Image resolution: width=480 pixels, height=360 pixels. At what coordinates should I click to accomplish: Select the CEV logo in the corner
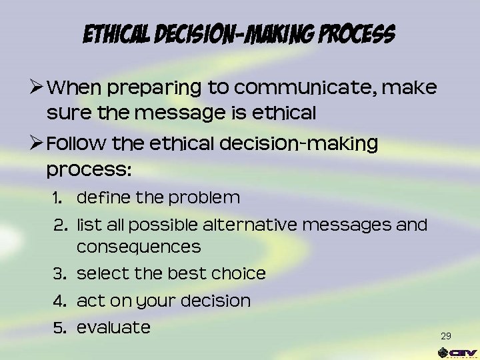point(457,353)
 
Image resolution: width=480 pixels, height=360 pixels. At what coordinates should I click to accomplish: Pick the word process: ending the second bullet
point(89,170)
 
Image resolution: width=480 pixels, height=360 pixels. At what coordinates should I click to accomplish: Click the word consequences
point(139,247)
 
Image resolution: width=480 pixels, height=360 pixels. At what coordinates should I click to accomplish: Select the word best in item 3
point(186,274)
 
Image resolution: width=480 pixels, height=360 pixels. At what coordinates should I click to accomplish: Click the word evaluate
point(113,328)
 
